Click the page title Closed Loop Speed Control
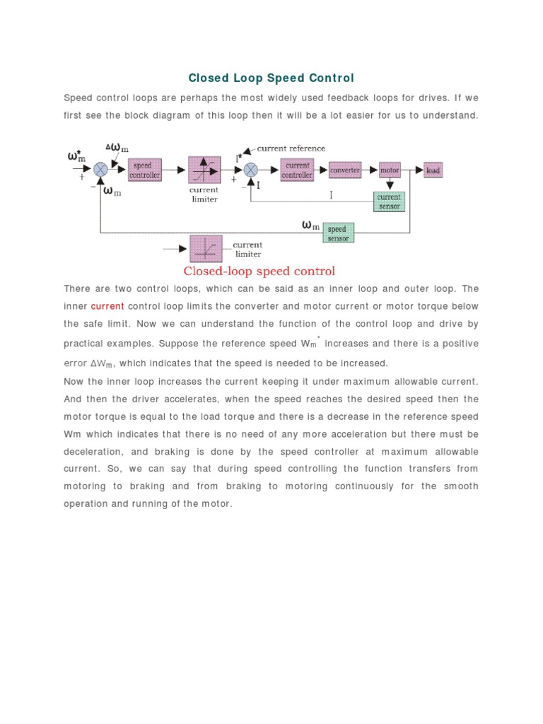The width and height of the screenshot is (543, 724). click(x=271, y=78)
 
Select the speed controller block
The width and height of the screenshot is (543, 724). click(x=145, y=170)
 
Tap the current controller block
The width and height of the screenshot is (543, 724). click(x=297, y=170)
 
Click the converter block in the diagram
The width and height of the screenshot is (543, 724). click(x=345, y=170)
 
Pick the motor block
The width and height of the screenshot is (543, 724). click(x=390, y=170)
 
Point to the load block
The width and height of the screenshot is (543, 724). click(x=433, y=170)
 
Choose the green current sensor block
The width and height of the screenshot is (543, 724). click(x=389, y=202)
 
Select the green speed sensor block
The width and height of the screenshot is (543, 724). click(x=338, y=233)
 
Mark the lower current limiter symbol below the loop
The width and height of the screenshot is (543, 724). click(x=206, y=249)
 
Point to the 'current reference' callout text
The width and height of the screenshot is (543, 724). click(x=291, y=148)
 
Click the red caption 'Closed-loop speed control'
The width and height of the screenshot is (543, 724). click(x=259, y=271)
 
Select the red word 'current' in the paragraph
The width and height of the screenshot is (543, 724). click(x=107, y=306)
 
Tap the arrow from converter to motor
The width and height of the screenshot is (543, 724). click(x=370, y=170)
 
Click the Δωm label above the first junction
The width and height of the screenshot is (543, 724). click(x=117, y=148)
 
